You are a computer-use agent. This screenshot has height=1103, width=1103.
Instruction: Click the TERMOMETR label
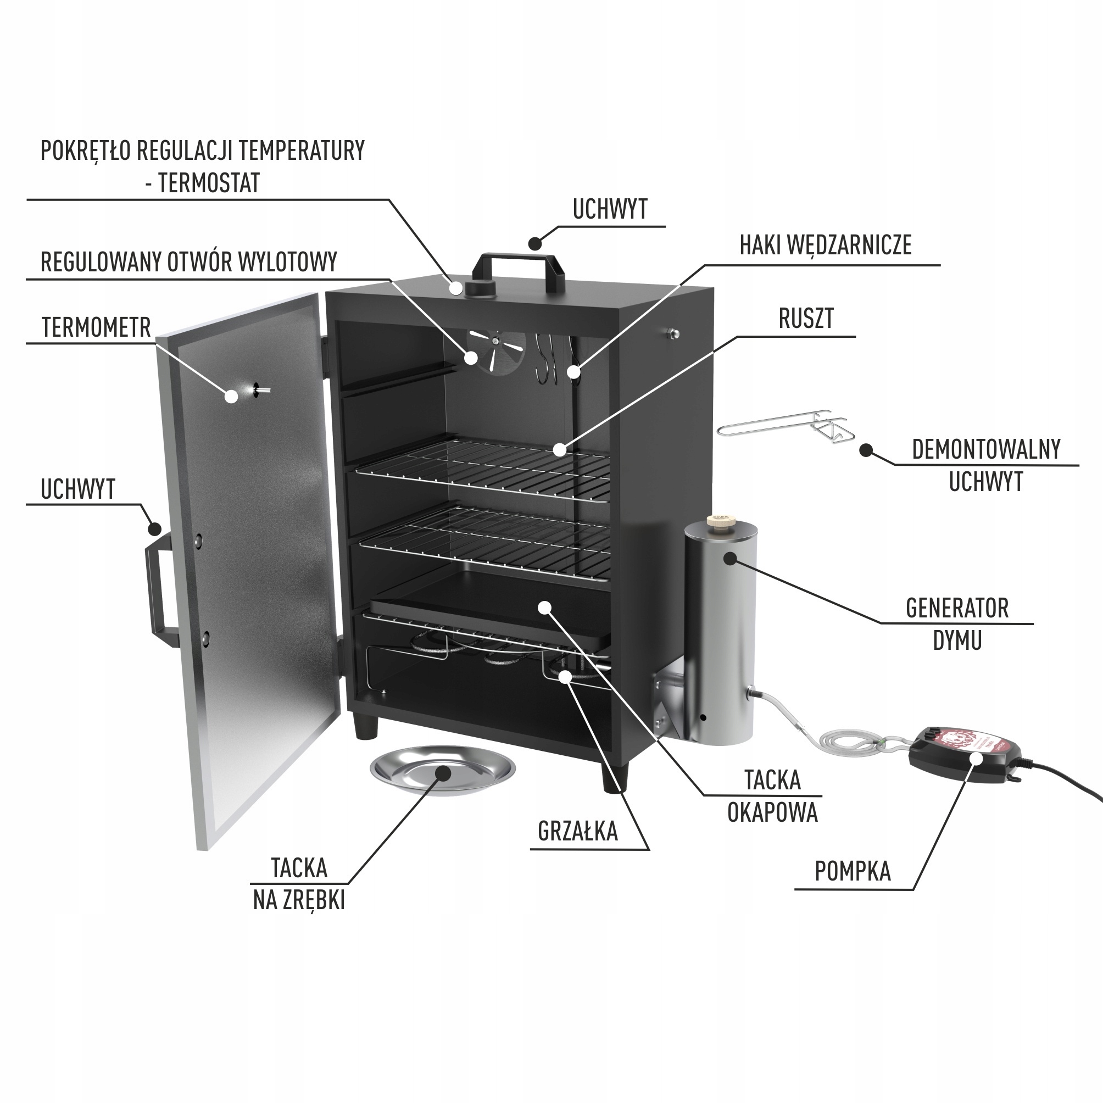(x=96, y=328)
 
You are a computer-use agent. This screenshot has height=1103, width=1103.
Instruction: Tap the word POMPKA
(x=853, y=871)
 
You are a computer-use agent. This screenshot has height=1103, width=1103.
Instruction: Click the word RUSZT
(x=806, y=319)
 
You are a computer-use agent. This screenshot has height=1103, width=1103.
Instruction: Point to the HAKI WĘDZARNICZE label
(x=825, y=245)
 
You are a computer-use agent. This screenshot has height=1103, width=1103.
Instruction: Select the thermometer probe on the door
(x=260, y=389)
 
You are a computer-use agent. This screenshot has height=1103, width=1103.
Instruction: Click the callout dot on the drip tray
(x=546, y=607)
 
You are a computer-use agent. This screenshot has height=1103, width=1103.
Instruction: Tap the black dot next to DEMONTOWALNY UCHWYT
(x=866, y=450)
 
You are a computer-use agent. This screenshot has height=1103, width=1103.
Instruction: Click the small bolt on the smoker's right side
(x=673, y=333)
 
